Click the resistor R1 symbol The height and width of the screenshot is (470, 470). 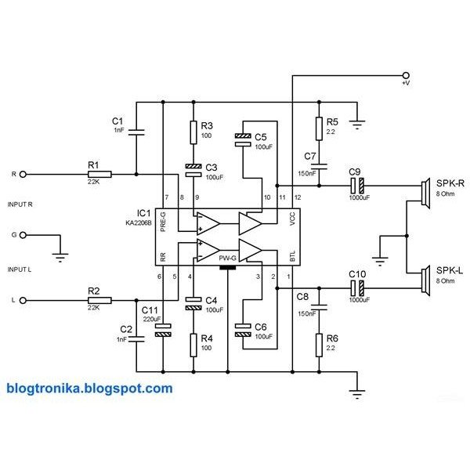point(99,174)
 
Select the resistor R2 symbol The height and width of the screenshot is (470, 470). point(99,299)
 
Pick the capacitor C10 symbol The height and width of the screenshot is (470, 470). point(356,287)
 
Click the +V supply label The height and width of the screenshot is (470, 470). point(405,82)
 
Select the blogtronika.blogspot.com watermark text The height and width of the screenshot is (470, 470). point(89,388)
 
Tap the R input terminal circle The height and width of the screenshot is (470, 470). point(23,174)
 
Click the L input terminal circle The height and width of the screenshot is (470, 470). point(23,299)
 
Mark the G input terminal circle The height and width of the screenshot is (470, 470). point(23,234)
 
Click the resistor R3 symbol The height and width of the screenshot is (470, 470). point(193,131)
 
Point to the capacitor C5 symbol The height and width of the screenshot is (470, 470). point(244,139)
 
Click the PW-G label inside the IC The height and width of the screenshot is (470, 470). point(228,256)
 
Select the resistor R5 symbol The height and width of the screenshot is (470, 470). point(319,127)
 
